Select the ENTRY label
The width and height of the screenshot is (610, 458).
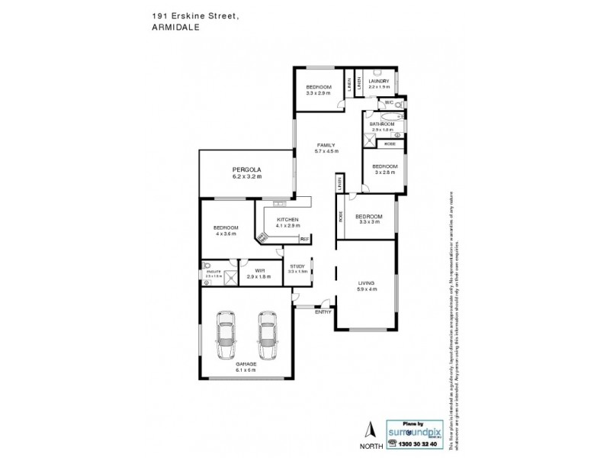coord(323,311)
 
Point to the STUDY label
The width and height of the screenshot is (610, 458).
coord(297,266)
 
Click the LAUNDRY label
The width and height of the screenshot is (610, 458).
coord(379,82)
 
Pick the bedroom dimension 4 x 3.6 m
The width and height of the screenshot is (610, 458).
coord(226,234)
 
